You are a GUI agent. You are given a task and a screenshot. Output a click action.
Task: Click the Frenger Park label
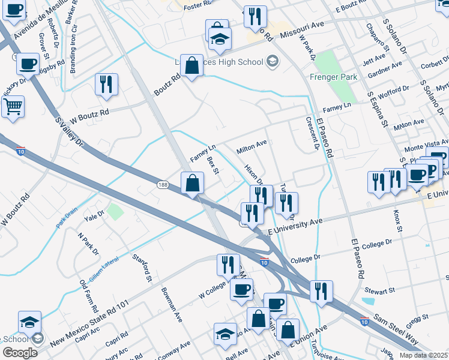point(334,77)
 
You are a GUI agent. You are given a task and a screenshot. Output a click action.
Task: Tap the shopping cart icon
point(12,107)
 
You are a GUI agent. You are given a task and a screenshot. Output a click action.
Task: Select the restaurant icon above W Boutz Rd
point(106,84)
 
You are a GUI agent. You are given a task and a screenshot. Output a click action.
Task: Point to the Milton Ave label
point(252,146)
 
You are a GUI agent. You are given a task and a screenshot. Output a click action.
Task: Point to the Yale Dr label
point(95,214)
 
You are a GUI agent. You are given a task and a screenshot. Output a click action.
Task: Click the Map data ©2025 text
point(423,355)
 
